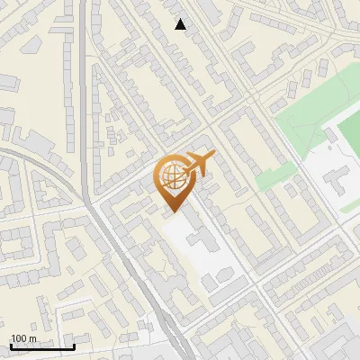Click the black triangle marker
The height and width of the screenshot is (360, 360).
(181, 24)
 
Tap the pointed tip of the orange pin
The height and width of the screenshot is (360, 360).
(171, 211)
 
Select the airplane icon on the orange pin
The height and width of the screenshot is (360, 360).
(198, 165)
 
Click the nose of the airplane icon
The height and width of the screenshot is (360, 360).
(213, 157)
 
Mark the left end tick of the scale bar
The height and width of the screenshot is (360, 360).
(11, 346)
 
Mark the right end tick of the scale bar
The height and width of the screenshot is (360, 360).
(74, 346)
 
